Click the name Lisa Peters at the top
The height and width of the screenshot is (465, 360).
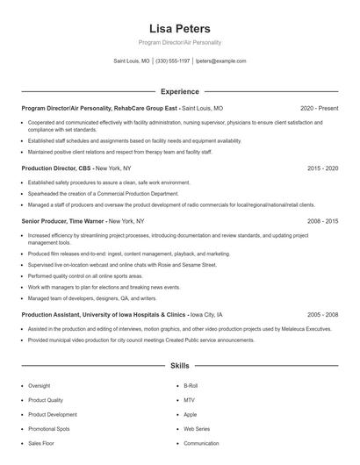coord(180,28)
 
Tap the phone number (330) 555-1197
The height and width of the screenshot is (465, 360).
coord(172,61)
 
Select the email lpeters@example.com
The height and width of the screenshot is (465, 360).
coord(220,61)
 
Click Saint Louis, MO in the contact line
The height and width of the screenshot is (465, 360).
coord(132,61)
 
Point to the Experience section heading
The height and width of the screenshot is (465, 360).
coord(179,91)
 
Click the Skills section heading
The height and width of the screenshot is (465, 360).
coord(179,365)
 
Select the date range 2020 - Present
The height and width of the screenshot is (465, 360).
coord(319,108)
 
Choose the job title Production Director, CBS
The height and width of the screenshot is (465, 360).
coord(56,168)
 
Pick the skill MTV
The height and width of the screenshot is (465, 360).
coord(189,400)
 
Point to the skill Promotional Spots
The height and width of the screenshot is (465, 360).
coord(48,429)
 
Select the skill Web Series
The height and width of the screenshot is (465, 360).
coord(197,429)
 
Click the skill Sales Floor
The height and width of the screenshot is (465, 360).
coord(40,443)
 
